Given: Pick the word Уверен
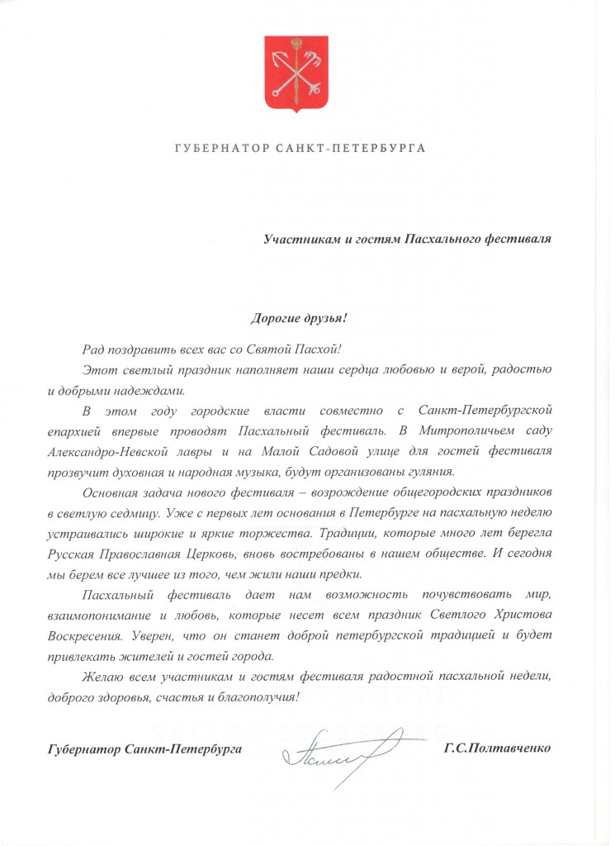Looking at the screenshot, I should [x=178, y=635].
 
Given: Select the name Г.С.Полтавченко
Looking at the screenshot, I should [x=497, y=749].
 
